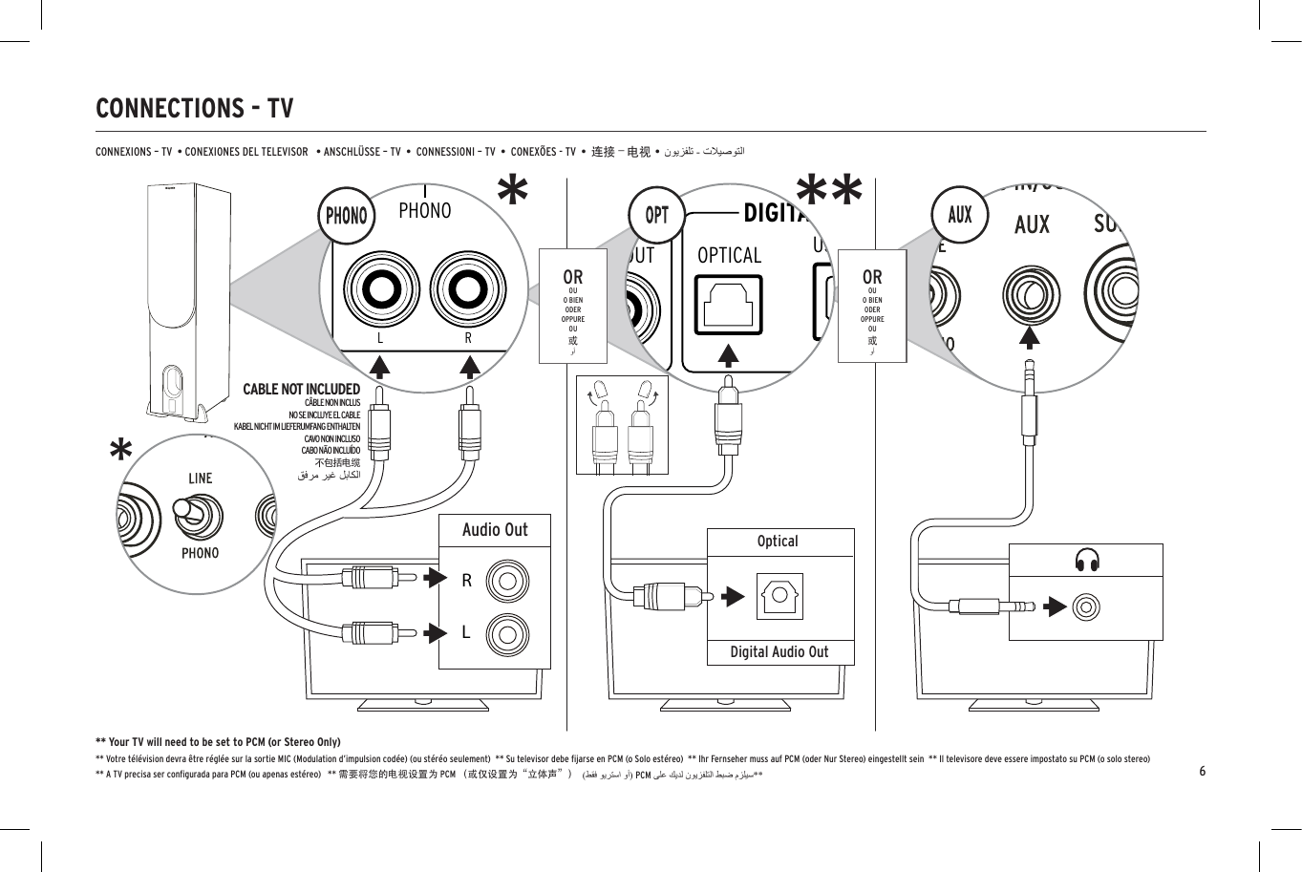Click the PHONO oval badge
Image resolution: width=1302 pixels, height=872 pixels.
346,215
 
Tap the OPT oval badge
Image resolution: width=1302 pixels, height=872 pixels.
657,215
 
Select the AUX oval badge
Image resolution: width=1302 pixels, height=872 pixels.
960,215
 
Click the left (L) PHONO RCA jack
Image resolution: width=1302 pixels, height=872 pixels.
381,289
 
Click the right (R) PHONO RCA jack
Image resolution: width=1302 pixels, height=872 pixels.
468,289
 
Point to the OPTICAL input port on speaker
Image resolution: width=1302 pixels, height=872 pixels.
729,305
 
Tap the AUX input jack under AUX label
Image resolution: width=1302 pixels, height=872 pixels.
1031,295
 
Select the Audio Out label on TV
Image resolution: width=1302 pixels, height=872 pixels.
494,530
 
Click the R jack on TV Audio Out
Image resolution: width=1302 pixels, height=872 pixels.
506,580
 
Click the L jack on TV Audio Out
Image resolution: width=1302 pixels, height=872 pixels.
506,632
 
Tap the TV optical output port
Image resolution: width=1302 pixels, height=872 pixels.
779,597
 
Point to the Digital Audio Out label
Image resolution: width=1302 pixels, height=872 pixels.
779,652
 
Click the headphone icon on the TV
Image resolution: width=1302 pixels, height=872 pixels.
1086,561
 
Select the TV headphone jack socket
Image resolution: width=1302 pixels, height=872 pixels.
1086,606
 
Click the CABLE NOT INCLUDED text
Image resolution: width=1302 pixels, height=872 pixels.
301,390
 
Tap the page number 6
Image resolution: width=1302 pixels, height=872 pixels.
1203,771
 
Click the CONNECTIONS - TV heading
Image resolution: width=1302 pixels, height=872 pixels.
195,109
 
